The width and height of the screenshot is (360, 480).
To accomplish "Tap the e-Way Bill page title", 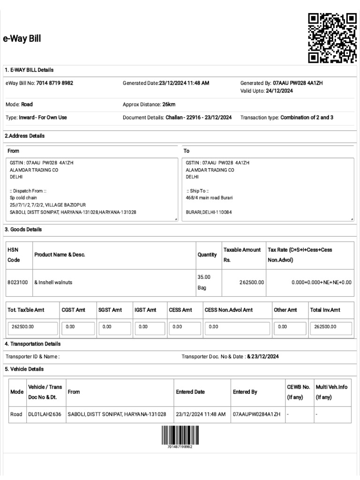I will (22, 39).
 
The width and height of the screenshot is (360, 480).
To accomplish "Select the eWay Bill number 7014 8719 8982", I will (55, 83).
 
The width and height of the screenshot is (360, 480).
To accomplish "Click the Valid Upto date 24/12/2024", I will (279, 91).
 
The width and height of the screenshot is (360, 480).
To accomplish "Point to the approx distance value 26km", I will (169, 104).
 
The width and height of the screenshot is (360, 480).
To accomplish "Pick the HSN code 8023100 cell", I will (18, 283).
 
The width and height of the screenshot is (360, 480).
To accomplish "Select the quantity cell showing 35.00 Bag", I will (204, 282).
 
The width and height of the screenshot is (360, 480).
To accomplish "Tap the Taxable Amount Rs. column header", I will (242, 255).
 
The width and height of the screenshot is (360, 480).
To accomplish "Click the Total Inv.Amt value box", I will (330, 326).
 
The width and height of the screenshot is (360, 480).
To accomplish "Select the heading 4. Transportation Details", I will (32, 344).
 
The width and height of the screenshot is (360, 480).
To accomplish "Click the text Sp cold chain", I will (23, 198).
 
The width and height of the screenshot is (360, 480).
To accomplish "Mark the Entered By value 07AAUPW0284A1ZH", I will (256, 414).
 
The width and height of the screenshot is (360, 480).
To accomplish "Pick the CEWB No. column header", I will (298, 392).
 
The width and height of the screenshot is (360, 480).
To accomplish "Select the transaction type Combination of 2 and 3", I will (307, 117).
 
